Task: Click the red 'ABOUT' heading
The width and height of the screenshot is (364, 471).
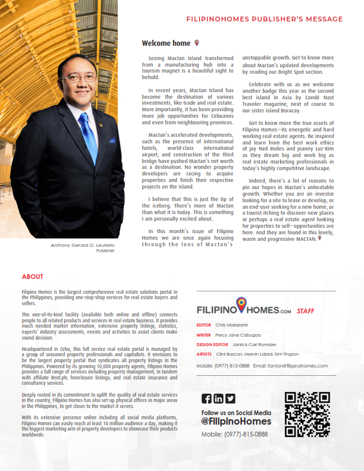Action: (32, 277)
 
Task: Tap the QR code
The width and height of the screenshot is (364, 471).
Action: (307, 415)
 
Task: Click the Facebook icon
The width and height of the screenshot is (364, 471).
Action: (206, 398)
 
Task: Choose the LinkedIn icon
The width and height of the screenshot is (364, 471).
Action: (218, 398)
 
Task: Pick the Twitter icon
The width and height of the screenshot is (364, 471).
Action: (230, 398)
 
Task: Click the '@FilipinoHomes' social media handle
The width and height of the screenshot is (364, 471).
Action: (236, 421)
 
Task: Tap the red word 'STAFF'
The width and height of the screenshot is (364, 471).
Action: (305, 311)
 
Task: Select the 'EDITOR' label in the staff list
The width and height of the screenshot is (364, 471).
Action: (203, 325)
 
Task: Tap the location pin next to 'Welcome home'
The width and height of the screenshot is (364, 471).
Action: (197, 43)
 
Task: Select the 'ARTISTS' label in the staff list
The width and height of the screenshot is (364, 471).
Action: (204, 354)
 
